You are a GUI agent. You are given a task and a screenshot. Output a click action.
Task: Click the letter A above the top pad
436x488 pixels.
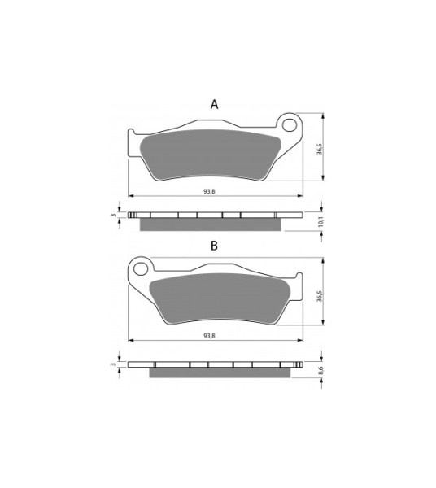click(x=214, y=105)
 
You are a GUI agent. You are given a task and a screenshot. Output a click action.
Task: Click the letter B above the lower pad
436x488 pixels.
click(x=214, y=246)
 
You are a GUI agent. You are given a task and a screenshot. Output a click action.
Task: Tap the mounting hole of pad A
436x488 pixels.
click(x=289, y=124)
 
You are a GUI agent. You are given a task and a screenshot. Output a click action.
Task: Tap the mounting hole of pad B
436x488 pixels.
click(x=142, y=268)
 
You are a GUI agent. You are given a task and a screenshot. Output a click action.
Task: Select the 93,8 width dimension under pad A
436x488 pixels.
click(x=209, y=192)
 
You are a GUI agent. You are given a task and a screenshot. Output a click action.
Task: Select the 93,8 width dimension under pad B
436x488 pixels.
click(x=209, y=336)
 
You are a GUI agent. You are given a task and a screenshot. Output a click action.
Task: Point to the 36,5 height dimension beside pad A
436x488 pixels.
click(x=320, y=149)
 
